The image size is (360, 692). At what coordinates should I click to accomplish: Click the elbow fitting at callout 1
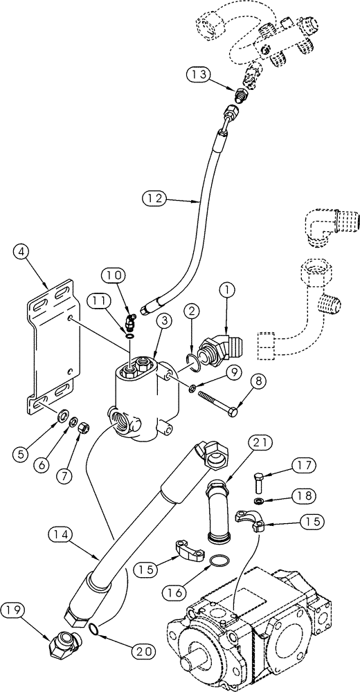[x=222, y=345]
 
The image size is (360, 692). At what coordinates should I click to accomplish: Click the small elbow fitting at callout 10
[x=129, y=321]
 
